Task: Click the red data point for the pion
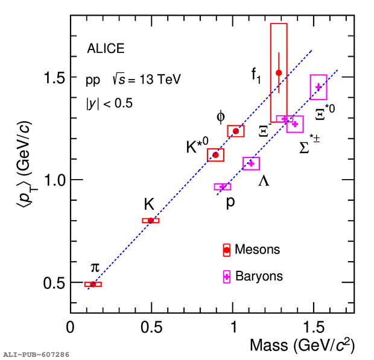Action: [x=93, y=284]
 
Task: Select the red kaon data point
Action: [x=151, y=221]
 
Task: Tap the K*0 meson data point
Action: [x=215, y=155]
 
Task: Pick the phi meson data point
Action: [x=236, y=131]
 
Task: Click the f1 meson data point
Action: [x=279, y=73]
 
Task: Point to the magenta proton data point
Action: [x=223, y=187]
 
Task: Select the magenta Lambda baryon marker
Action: [x=252, y=163]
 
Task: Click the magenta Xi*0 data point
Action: [x=319, y=87]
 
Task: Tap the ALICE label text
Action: [x=106, y=49]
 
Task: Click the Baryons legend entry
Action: [x=258, y=276]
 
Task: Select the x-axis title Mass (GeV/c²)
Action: [x=302, y=346]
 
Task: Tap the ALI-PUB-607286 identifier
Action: [x=36, y=355]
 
